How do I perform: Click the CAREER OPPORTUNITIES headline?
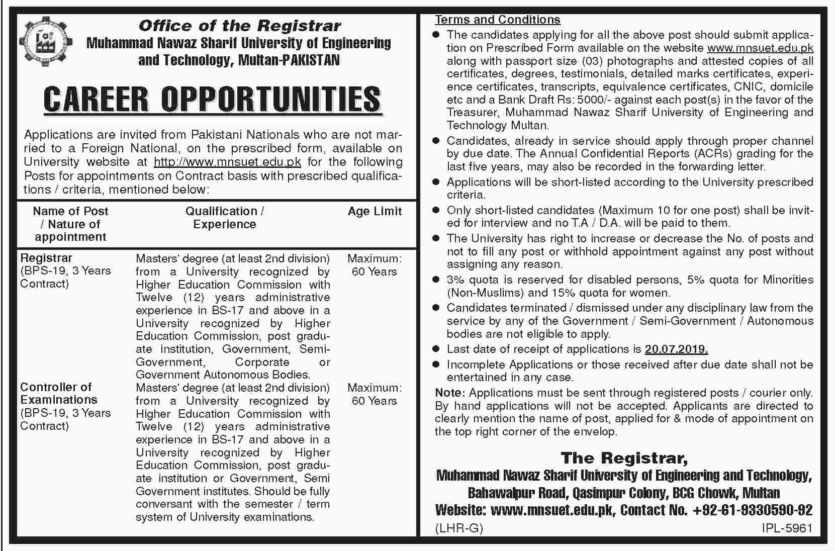coord(212,99)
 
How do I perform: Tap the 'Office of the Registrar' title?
coord(239,26)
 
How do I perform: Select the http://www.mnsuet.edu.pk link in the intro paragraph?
coord(227,162)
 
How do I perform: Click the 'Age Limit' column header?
coord(375,211)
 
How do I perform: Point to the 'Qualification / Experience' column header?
coord(225,218)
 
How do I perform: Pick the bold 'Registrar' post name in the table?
coord(46,258)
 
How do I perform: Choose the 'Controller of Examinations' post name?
coord(58,394)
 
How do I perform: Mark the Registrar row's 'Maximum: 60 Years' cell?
coord(375,265)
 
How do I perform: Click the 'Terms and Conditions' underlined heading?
coord(498,20)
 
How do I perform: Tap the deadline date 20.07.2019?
coord(677,349)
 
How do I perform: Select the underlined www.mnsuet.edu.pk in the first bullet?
coord(760,48)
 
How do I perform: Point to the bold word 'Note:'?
coord(450,393)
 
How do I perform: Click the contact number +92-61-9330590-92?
coord(752,510)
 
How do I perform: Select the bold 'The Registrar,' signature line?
coord(624,458)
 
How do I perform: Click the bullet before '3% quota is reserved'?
coord(436,280)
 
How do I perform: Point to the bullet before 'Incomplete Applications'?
coord(436,365)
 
